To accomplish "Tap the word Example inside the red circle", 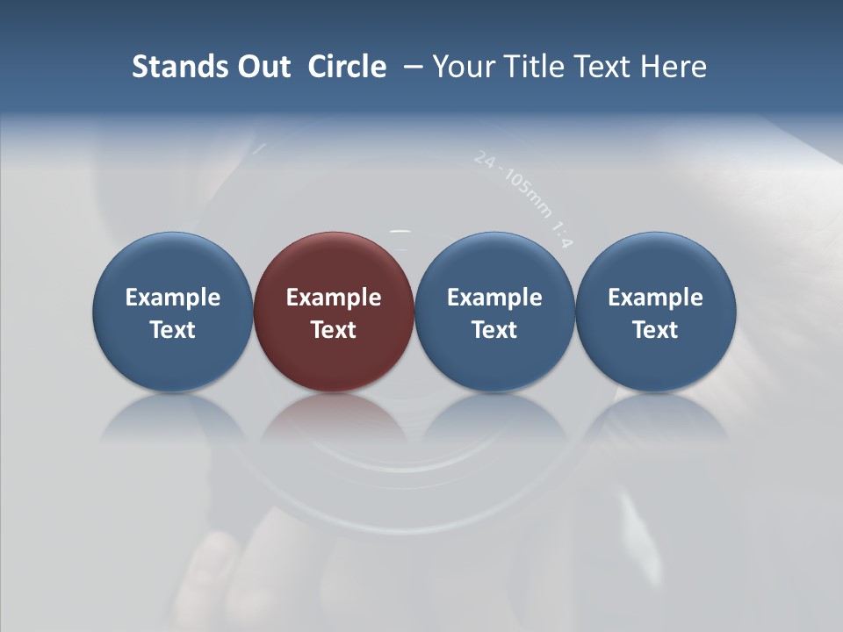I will (334, 298).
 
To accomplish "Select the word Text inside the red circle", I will (334, 330).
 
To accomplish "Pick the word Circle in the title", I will (347, 67).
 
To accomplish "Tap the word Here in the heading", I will (674, 67).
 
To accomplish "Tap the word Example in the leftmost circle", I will (173, 298).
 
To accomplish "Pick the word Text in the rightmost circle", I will (656, 330).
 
